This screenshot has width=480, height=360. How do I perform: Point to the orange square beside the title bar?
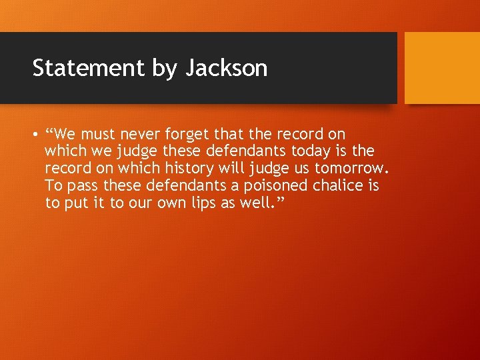pos(441,67)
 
